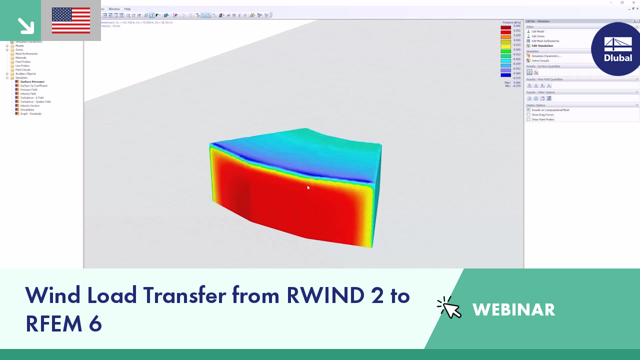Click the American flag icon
click(x=71, y=20)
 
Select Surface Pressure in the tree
click(x=32, y=81)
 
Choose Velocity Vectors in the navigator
click(x=29, y=105)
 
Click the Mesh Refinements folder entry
click(x=26, y=53)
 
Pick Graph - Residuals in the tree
click(x=30, y=113)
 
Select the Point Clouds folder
click(x=22, y=69)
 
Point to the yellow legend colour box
click(x=505, y=46)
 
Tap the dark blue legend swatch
click(x=505, y=74)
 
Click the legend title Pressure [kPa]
click(x=511, y=22)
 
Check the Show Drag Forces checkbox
click(x=528, y=115)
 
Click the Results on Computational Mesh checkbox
click(x=528, y=110)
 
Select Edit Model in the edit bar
click(x=537, y=31)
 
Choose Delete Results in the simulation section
click(x=540, y=60)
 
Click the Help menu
click(x=127, y=9)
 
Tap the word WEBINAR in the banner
click(x=513, y=309)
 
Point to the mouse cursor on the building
click(x=308, y=187)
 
